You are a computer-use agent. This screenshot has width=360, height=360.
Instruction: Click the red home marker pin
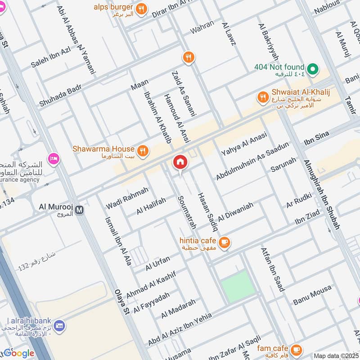coord(180,162)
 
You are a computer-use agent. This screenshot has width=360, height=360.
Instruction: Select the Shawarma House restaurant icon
coord(143,151)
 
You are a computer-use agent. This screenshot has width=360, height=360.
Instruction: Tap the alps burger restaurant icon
coord(141,9)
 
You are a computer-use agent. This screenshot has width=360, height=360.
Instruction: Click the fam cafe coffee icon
coord(296,349)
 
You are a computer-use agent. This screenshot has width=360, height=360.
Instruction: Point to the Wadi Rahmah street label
coord(127,198)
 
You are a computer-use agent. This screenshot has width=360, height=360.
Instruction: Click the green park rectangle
coord(238,287)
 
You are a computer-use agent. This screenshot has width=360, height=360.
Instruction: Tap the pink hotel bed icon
coord(54,159)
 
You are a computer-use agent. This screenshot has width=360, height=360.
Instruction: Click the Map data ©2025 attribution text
coord(336,355)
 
